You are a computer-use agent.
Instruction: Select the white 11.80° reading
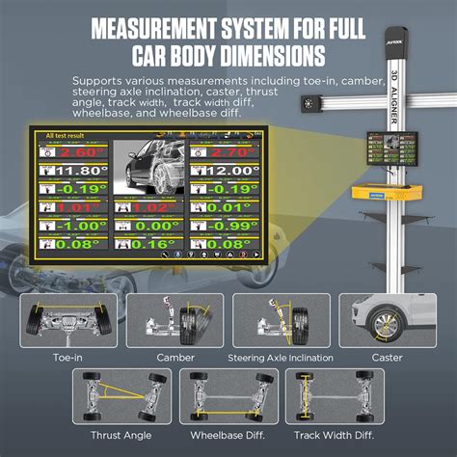click(73, 171)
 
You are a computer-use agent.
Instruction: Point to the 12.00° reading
click(228, 171)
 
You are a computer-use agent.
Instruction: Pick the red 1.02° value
click(148, 206)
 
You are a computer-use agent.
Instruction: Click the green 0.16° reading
click(148, 245)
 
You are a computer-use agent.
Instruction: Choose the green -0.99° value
click(228, 226)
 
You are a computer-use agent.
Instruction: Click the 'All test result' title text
click(65, 136)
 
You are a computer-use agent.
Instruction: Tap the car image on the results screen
click(148, 165)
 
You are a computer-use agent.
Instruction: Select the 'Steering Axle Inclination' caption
click(281, 357)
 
